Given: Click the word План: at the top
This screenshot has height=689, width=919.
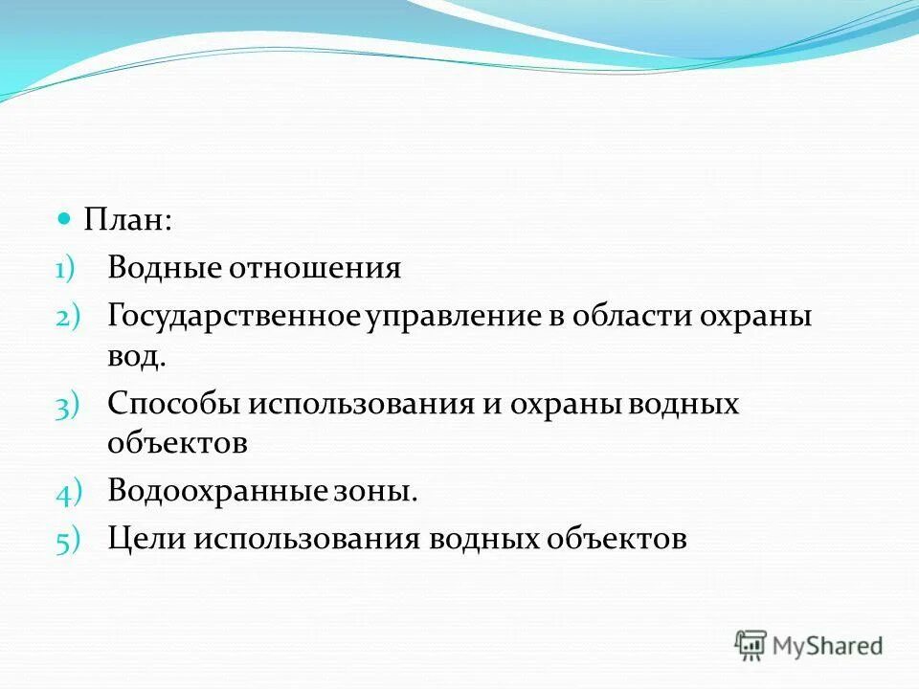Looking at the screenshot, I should (x=128, y=221).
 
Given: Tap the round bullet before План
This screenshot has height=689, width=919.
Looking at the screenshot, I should (x=65, y=219).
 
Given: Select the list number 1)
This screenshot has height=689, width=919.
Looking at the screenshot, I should (x=68, y=270).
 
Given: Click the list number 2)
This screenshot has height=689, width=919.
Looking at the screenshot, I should (x=69, y=316).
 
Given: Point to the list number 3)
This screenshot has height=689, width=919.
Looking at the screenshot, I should (x=69, y=406).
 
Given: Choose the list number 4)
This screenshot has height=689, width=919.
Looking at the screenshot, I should (x=69, y=494).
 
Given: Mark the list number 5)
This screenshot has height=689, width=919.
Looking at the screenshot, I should (x=69, y=541).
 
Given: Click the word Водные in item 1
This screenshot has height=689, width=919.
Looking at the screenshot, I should (x=162, y=268).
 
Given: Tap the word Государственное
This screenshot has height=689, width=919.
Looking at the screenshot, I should (x=233, y=315).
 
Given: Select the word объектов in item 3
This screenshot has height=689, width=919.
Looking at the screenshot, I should (x=178, y=444).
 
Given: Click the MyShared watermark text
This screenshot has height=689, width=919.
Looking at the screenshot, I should (x=829, y=645).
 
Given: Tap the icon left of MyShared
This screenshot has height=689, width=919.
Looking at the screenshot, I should (x=751, y=645).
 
